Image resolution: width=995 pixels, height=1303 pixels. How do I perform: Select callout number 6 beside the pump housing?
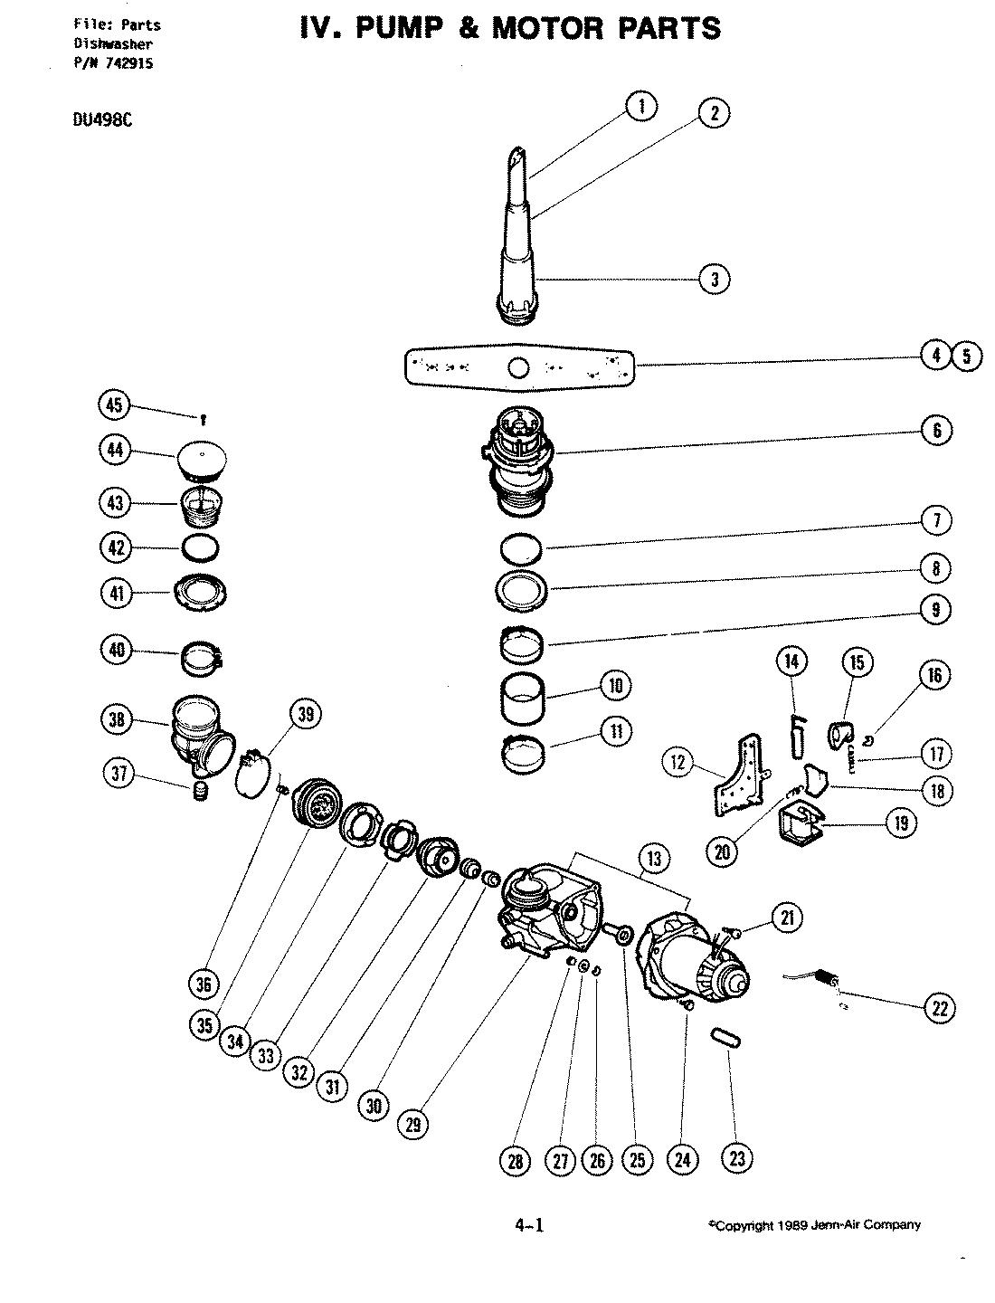point(937,430)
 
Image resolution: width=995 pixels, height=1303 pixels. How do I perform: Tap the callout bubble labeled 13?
point(652,857)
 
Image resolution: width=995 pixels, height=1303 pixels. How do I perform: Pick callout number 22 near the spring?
point(940,1007)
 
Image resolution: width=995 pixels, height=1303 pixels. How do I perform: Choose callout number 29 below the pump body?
point(414,1126)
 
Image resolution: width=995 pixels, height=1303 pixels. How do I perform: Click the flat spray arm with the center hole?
point(517,367)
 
